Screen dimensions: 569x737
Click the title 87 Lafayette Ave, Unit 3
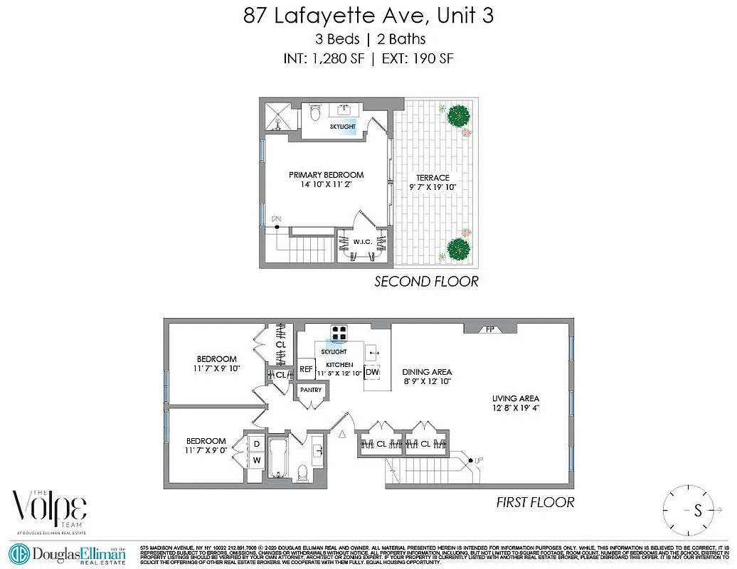(x=368, y=16)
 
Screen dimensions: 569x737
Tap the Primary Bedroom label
(x=326, y=175)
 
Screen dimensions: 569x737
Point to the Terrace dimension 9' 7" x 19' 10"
(x=433, y=187)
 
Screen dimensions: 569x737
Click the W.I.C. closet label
(x=362, y=243)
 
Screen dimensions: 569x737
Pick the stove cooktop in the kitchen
(x=339, y=331)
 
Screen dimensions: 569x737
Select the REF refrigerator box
(x=306, y=369)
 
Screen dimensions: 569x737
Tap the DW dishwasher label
(x=372, y=372)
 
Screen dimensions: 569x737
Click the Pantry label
(x=311, y=390)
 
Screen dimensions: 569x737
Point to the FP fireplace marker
(x=490, y=329)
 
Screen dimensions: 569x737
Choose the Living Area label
(x=515, y=398)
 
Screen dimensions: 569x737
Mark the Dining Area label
(x=427, y=372)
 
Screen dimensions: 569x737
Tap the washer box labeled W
(x=255, y=460)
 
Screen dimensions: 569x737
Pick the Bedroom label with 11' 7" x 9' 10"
(x=217, y=359)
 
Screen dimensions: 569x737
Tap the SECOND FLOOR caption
(x=426, y=282)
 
